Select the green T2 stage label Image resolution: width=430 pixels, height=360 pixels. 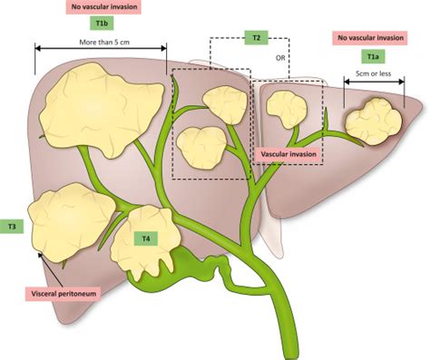point(256,38)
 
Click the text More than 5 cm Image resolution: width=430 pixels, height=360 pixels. point(101,42)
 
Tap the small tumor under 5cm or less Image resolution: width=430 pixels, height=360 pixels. point(372,118)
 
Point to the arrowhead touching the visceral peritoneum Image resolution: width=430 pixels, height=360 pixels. point(38,256)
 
